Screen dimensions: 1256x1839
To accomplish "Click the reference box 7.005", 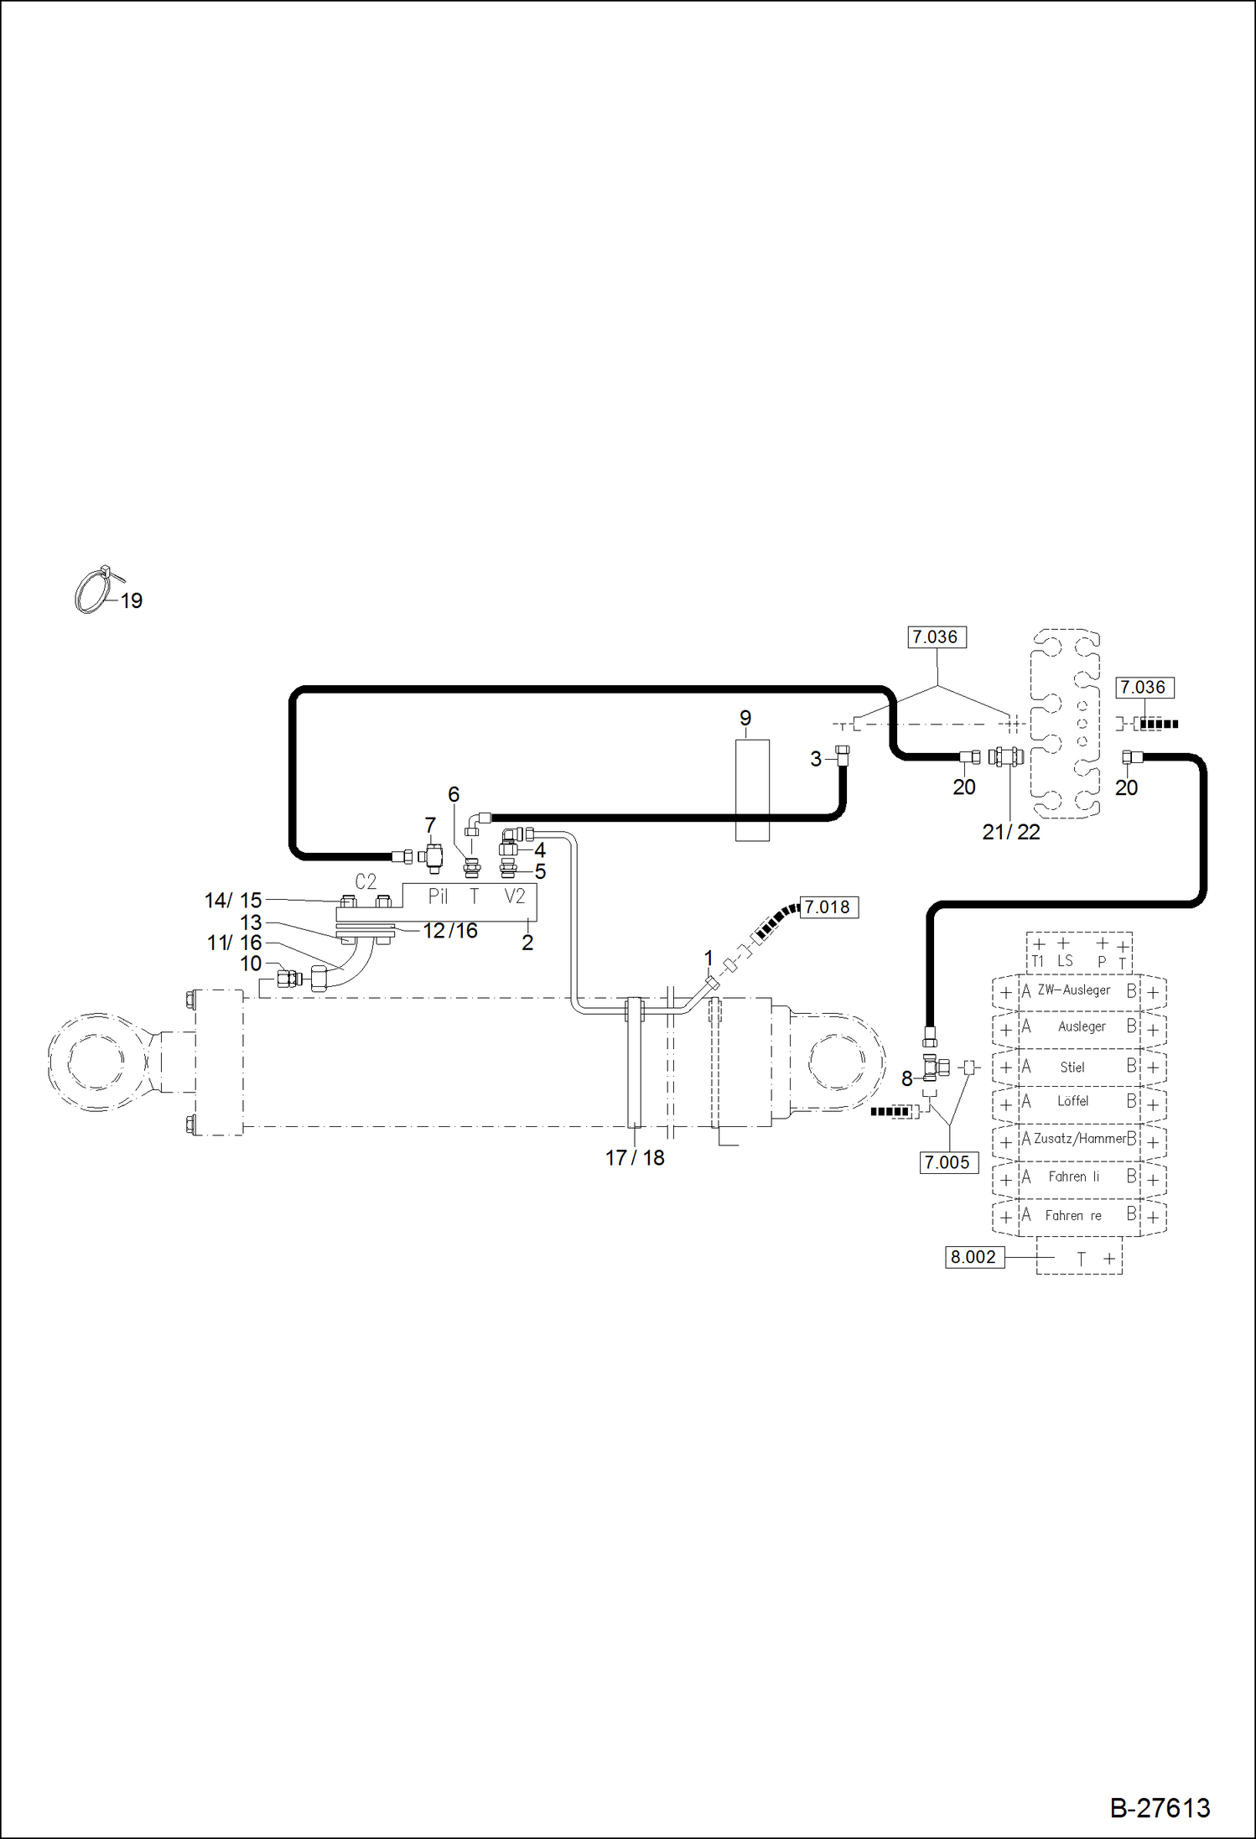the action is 948,1162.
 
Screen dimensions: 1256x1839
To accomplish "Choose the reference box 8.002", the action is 974,1257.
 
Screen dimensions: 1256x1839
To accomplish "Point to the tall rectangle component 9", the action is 752,789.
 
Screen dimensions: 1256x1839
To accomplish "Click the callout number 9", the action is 745,718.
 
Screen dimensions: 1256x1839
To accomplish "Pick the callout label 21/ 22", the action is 1010,832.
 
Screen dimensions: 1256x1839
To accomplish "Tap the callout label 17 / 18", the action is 635,1157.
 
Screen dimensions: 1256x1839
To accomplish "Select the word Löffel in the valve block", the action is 1072,1101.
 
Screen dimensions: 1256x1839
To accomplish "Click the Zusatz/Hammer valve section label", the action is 1079,1139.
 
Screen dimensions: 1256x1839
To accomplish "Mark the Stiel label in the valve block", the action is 1072,1067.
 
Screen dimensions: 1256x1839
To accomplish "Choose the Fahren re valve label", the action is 1073,1215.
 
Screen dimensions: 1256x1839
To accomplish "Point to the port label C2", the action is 366,881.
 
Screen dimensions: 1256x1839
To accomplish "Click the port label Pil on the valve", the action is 438,896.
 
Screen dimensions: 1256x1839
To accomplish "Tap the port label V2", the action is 515,896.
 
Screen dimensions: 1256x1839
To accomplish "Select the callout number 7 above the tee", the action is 430,825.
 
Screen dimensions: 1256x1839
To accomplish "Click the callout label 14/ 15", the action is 233,900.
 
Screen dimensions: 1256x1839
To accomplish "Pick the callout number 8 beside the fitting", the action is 906,1078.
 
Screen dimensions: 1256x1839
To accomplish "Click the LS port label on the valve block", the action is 1064,961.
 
